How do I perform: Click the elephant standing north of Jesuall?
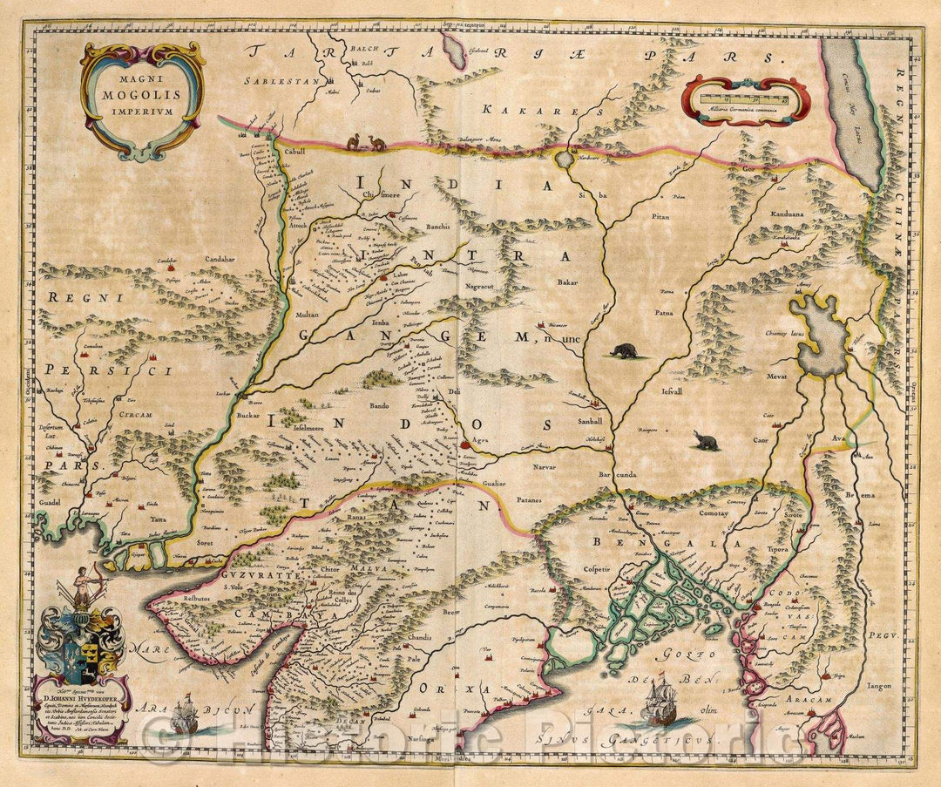(x=623, y=351)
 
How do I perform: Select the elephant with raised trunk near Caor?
(x=706, y=442)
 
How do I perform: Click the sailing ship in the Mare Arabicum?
(x=185, y=715)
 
